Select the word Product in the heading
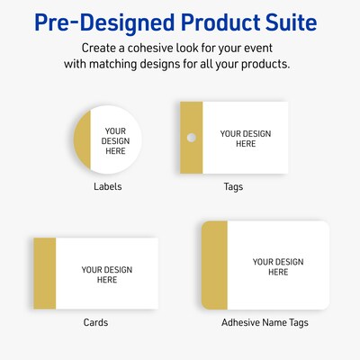199,19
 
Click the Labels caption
107,187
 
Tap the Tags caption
233,187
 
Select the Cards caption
95,322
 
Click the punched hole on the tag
191,138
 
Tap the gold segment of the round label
82,139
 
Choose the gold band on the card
45,274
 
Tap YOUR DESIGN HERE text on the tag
245,139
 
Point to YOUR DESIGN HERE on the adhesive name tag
277,267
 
